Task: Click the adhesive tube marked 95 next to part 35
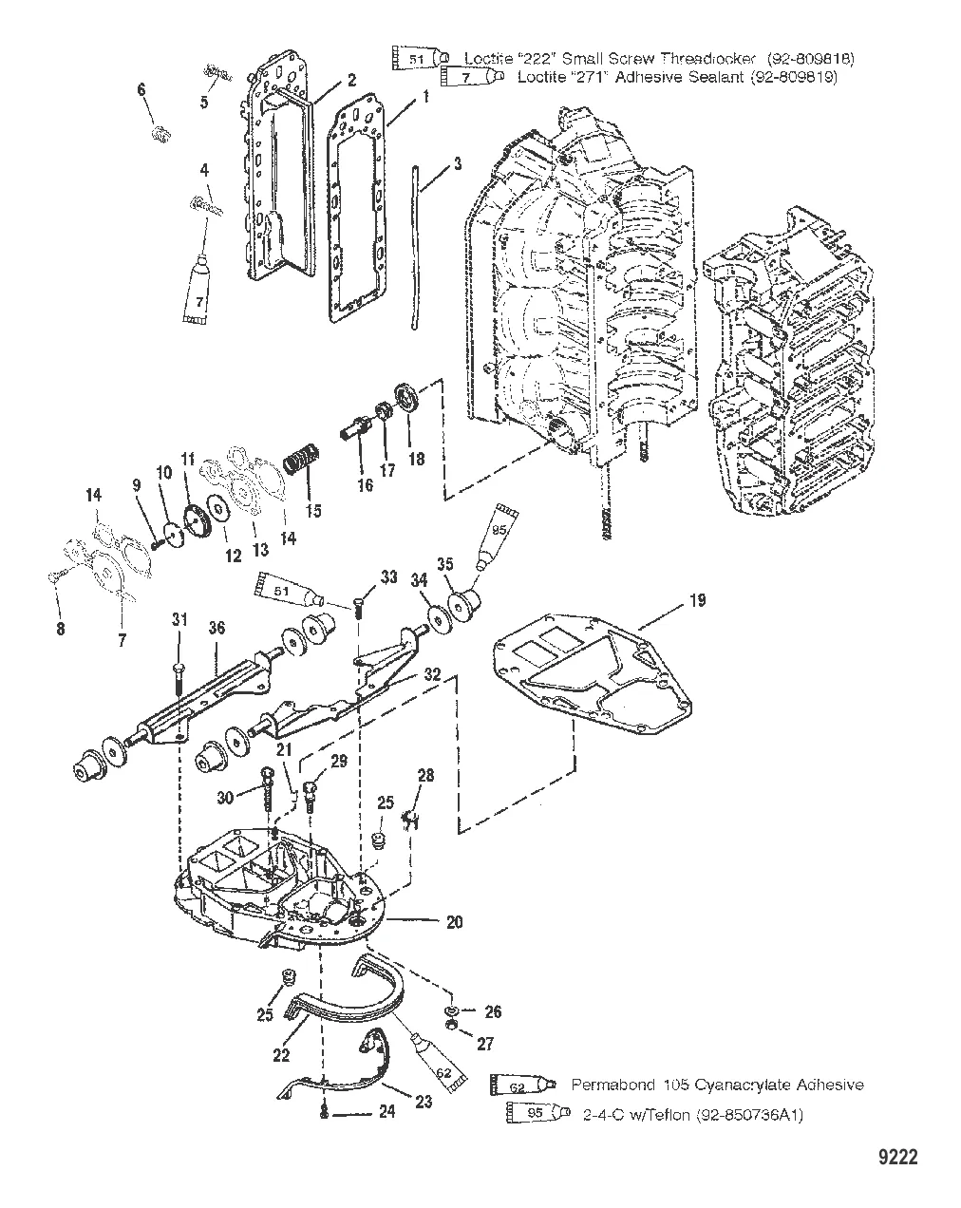[x=501, y=538]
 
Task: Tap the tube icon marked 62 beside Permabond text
[x=518, y=1084]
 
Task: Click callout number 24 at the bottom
[x=386, y=1110]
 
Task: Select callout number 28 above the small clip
[x=425, y=776]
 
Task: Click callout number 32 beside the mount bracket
[x=432, y=675]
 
